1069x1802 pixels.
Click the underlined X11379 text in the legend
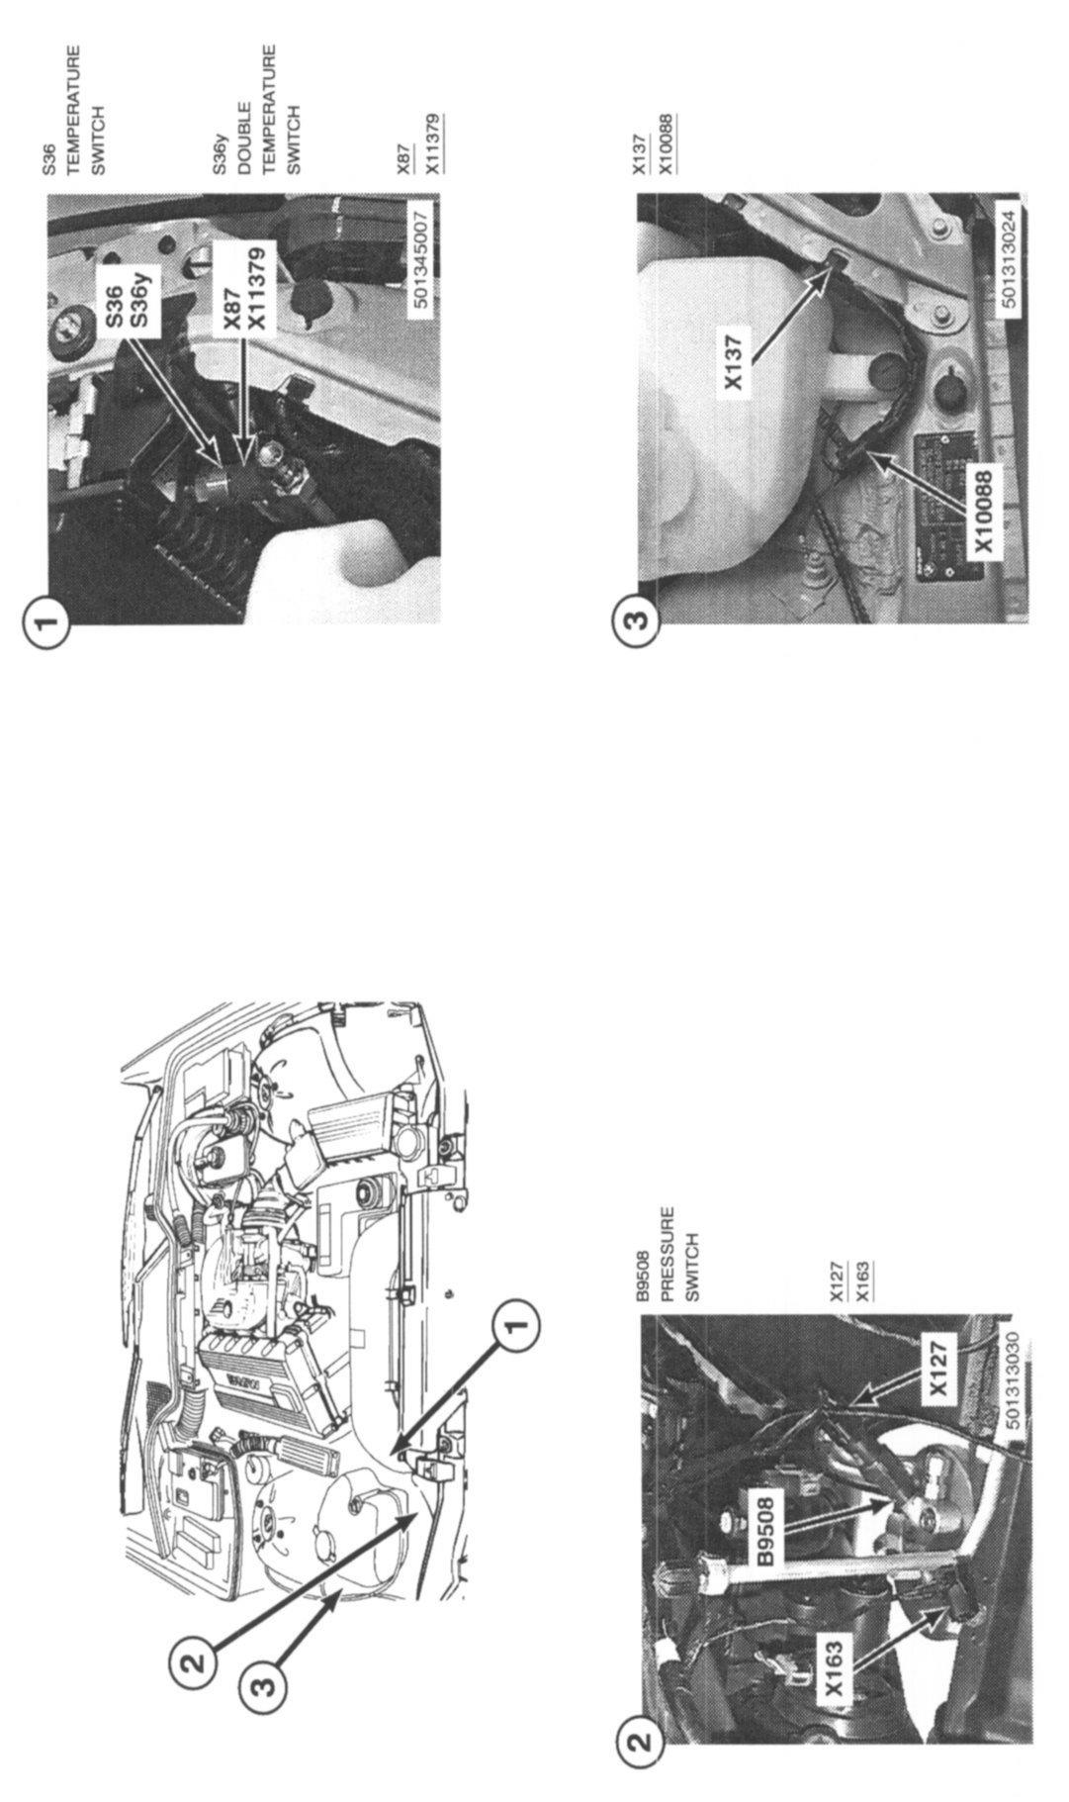[x=432, y=144]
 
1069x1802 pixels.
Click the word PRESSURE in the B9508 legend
[x=668, y=1252]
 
